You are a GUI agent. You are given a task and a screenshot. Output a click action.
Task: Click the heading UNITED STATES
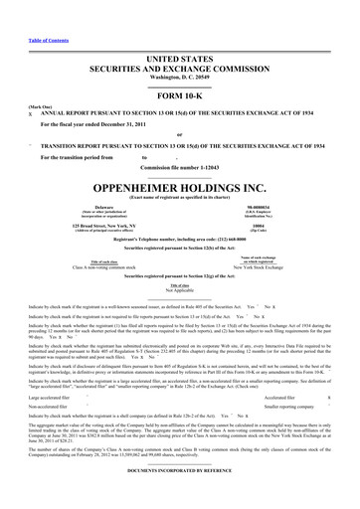coord(180,33)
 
